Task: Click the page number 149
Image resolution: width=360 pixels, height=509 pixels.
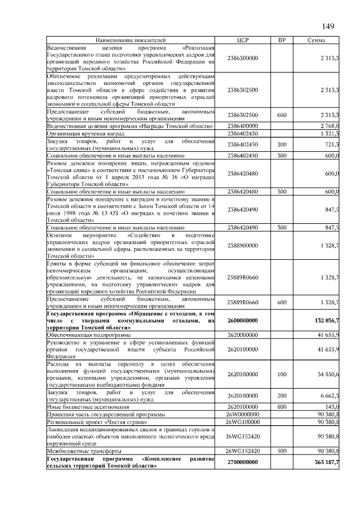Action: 328,26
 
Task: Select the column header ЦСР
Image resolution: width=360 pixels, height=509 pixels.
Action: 243,40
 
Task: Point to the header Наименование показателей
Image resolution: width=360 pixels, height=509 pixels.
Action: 130,40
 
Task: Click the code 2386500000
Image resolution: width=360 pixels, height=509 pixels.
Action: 243,58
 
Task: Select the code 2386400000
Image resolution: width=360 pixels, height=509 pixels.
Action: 243,127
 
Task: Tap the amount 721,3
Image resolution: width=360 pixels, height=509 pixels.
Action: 330,145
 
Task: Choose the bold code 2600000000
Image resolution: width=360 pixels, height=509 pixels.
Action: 243,321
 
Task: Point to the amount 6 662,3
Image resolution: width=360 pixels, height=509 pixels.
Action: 328,396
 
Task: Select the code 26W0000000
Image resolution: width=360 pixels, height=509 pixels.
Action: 243,414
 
